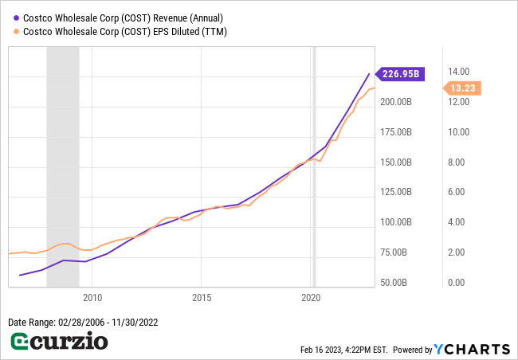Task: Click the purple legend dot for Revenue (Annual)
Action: [x=16, y=16]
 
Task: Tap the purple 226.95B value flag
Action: [x=401, y=74]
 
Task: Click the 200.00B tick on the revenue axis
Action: [x=395, y=102]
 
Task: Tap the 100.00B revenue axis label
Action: [x=395, y=222]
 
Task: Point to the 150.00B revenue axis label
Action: [x=395, y=162]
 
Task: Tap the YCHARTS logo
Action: [x=472, y=349]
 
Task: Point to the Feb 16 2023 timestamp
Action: [x=343, y=350]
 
